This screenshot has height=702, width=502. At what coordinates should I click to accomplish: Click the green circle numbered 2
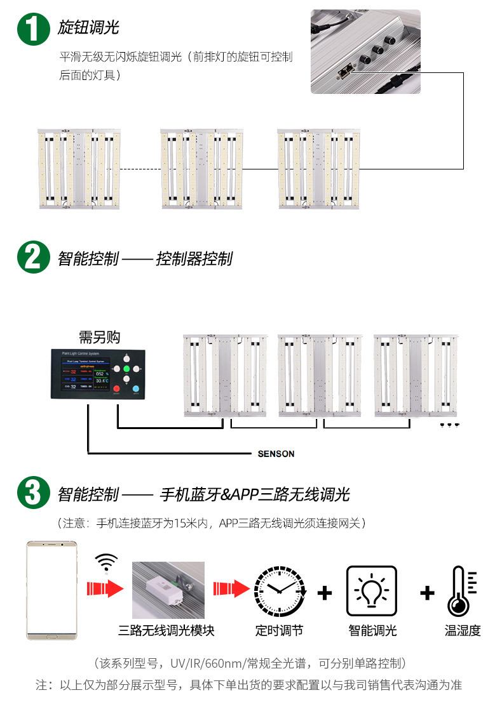(x=33, y=258)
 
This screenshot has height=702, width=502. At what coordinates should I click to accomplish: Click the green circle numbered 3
(x=33, y=493)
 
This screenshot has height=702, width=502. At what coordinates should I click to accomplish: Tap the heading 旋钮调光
(x=88, y=27)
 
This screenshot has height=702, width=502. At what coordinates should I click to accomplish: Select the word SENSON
(x=276, y=454)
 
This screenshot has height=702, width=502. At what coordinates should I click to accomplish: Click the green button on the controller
(x=126, y=368)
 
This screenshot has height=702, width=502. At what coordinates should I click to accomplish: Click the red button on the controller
(x=116, y=388)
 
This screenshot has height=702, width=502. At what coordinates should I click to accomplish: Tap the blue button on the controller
(x=137, y=388)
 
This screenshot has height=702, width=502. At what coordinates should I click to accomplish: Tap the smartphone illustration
(x=51, y=590)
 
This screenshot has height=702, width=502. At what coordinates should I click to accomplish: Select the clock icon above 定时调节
(x=279, y=591)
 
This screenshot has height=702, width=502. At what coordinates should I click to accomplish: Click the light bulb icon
(x=372, y=591)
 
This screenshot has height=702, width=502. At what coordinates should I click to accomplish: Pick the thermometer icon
(x=461, y=591)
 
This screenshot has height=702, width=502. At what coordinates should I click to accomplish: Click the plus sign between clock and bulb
(x=325, y=593)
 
